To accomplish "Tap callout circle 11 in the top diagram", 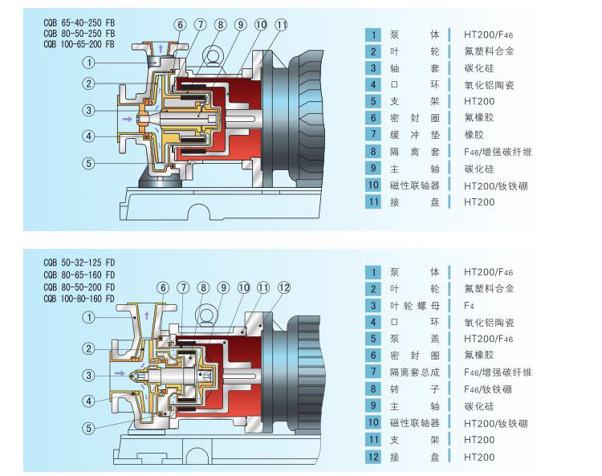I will [281, 25].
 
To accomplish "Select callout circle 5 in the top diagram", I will [89, 163].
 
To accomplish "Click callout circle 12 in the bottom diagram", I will [283, 287].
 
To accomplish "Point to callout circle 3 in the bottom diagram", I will [89, 375].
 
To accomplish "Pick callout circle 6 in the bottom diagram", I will [163, 287].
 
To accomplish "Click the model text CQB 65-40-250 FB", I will [79, 23].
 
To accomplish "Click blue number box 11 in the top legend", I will [372, 202].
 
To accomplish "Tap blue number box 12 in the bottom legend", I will [372, 458].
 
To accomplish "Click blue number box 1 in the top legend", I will [372, 35].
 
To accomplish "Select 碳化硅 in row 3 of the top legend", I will [479, 68].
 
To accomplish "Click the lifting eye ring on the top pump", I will [214, 55].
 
